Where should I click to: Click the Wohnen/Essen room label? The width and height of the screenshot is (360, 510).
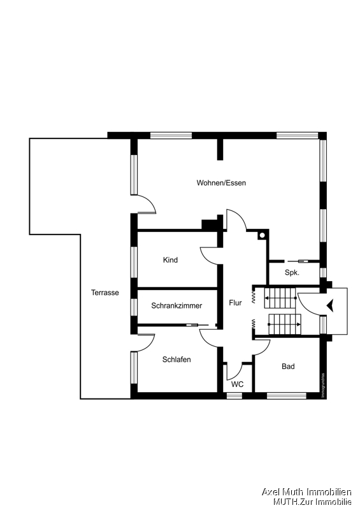(x=221, y=183)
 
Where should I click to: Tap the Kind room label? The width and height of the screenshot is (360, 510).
(x=170, y=260)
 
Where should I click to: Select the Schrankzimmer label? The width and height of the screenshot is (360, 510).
(x=176, y=305)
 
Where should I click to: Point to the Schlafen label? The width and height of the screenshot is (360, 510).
(x=176, y=360)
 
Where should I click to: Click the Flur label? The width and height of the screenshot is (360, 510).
(x=236, y=303)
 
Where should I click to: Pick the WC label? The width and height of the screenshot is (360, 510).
(x=237, y=384)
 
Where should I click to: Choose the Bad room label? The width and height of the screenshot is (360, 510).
(x=288, y=367)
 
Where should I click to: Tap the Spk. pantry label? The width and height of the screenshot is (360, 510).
(x=292, y=272)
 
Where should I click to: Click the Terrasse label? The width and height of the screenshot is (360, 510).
(x=105, y=293)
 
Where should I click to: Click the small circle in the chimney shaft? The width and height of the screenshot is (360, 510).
(x=261, y=235)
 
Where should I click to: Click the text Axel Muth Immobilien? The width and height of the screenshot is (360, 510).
(x=306, y=492)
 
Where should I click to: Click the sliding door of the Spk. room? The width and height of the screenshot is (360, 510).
(x=298, y=261)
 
